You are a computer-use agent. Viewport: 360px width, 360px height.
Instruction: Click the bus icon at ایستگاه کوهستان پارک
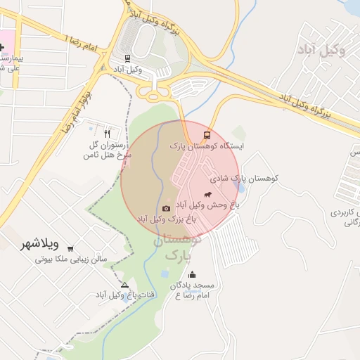207,134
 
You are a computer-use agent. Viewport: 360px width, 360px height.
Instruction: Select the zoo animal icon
207,194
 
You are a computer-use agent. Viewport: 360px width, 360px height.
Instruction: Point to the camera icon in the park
166,208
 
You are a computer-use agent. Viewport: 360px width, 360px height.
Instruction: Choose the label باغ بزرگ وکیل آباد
166,219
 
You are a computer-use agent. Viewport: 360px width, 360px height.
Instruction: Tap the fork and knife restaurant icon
107,134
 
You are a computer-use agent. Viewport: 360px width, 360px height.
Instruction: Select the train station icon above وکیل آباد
127,58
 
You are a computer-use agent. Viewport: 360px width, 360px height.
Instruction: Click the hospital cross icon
2,47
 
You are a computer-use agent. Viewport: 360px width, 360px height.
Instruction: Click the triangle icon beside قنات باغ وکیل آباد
125,285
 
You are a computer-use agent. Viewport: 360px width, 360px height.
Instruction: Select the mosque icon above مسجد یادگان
193,275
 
